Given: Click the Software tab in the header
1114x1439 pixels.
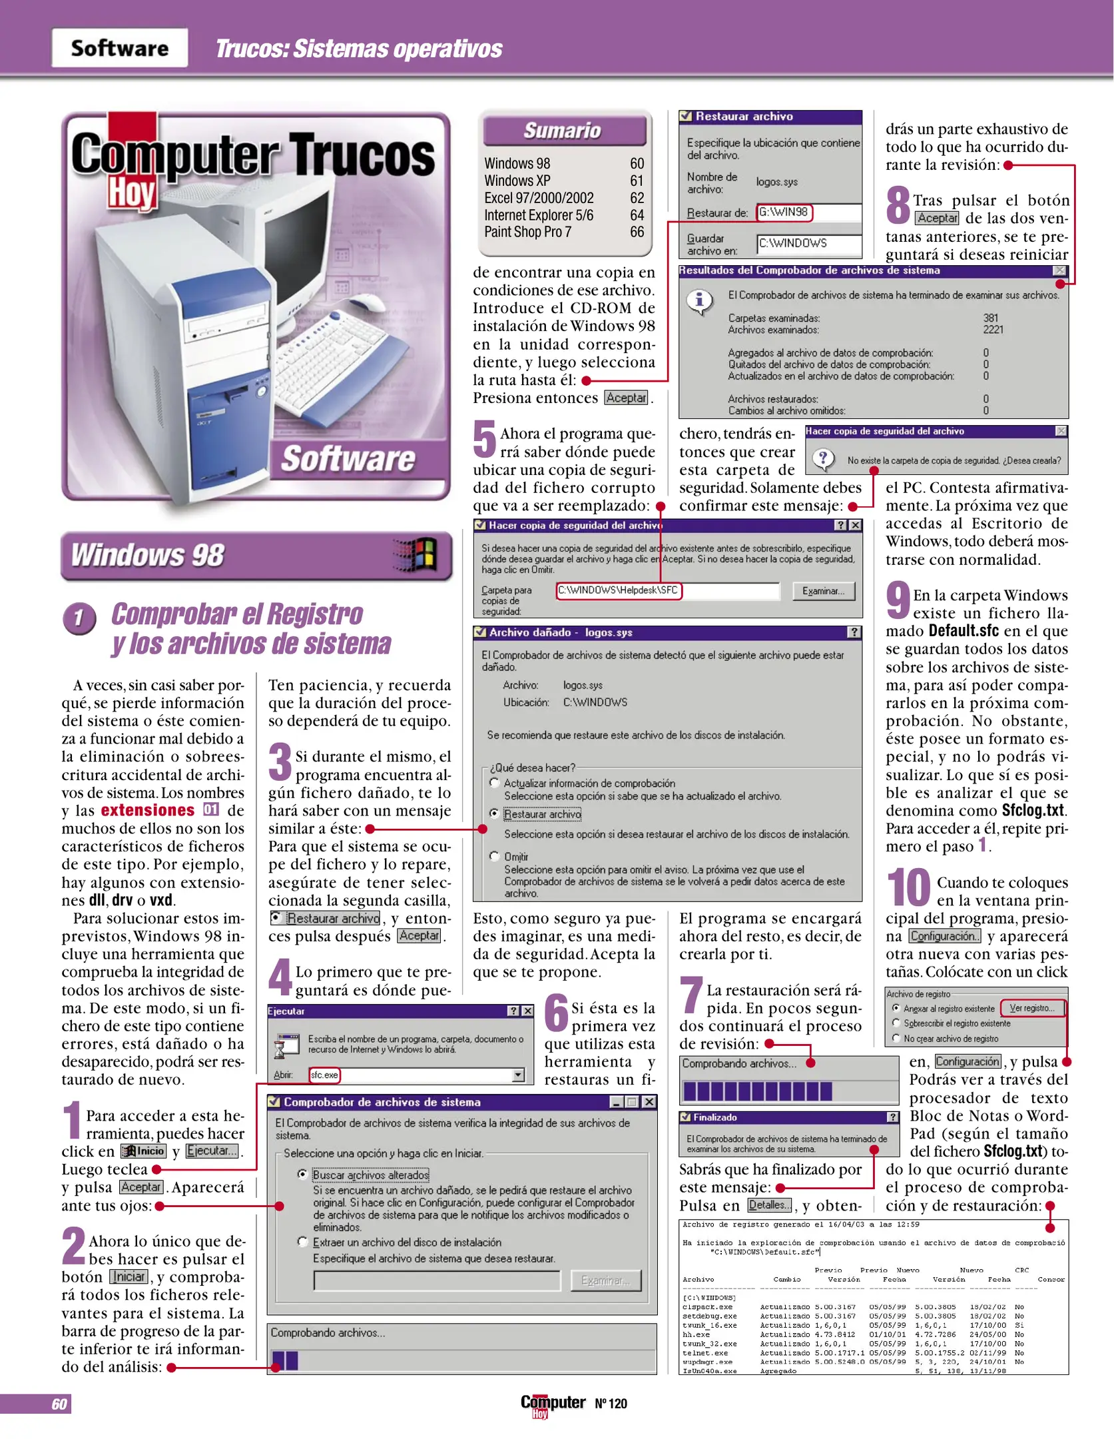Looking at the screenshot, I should (120, 48).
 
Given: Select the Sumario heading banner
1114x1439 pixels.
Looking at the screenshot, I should (563, 131).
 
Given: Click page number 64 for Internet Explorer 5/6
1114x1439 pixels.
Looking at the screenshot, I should (637, 215).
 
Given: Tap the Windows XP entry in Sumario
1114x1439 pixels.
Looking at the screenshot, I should (517, 181).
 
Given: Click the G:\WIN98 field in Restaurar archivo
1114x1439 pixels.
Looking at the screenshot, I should (784, 213).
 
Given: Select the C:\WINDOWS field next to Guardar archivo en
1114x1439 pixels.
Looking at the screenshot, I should (808, 244).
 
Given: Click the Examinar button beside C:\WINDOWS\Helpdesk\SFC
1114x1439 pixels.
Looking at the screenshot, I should (823, 591).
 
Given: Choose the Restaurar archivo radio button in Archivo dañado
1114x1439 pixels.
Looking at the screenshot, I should (494, 813).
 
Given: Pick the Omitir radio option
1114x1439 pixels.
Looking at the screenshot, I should (494, 856).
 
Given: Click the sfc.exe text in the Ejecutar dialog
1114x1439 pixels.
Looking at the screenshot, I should (324, 1075).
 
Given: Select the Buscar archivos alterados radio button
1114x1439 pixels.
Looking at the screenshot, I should (303, 1175).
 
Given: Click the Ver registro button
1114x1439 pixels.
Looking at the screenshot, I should (1033, 1008).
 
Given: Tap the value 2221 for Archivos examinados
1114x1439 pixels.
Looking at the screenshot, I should (993, 330).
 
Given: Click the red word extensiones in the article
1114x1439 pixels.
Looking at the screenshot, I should (147, 811).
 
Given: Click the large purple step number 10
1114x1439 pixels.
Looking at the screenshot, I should (908, 888).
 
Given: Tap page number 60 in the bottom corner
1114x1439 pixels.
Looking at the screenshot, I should (59, 1404).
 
